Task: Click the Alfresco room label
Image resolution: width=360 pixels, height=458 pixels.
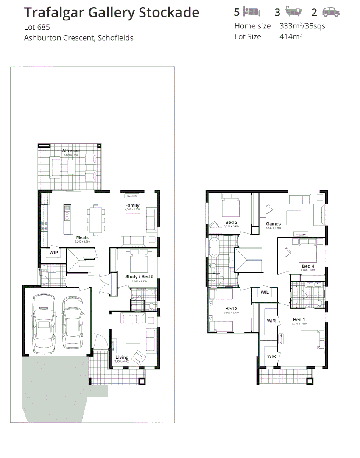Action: (x=71, y=151)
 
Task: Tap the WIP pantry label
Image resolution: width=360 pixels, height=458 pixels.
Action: (x=54, y=253)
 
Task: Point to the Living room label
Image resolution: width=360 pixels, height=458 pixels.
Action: (x=122, y=357)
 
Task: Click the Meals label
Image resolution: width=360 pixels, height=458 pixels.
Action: (x=82, y=237)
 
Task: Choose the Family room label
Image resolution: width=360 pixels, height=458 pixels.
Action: (x=132, y=205)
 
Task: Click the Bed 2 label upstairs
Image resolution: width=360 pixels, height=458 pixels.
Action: (x=231, y=222)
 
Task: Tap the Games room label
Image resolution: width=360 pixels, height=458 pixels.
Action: (x=273, y=224)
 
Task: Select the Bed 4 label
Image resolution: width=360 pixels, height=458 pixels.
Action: (x=308, y=266)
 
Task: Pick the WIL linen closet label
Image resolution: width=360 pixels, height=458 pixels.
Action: (x=265, y=293)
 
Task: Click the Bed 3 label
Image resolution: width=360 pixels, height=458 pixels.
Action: (x=231, y=308)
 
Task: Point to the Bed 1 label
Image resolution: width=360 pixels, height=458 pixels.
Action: (x=299, y=319)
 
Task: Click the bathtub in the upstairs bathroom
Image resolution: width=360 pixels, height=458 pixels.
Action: (x=214, y=247)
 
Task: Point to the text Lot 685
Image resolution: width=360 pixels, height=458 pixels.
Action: (x=37, y=27)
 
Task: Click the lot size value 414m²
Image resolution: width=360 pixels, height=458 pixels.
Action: (x=290, y=36)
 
